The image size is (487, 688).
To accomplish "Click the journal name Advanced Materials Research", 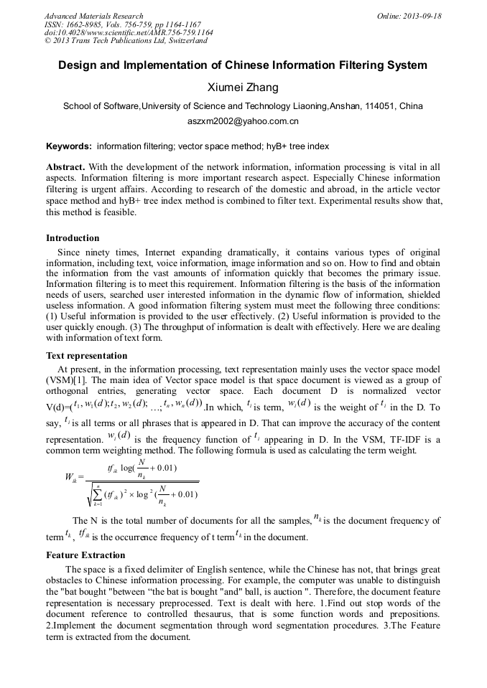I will point(94,16).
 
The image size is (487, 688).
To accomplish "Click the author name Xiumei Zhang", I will point(243,88).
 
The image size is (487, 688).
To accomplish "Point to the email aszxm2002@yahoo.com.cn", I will point(243,122).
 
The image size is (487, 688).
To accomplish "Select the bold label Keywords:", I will point(69,146).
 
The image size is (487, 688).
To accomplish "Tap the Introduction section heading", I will point(73,237).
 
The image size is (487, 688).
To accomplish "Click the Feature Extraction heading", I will point(85,555).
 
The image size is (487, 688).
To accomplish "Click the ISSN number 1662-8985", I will point(86,24).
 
